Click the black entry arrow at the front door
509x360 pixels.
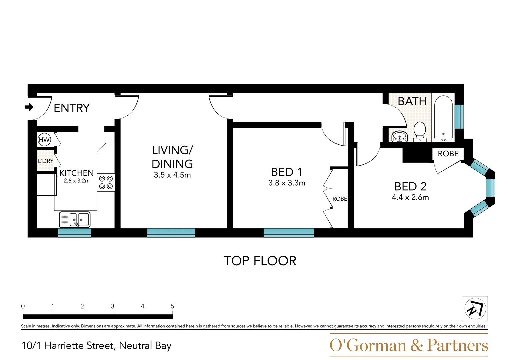click(x=29, y=107)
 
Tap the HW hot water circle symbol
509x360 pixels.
click(x=44, y=140)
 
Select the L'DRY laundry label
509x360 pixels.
click(x=46, y=161)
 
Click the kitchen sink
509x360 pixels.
click(x=75, y=220)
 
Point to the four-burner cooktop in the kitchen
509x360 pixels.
click(x=106, y=182)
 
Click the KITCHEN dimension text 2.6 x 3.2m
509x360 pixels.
click(x=77, y=181)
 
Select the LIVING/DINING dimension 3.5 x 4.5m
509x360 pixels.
click(x=172, y=175)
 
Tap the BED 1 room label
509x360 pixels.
click(x=286, y=172)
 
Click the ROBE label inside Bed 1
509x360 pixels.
click(x=340, y=199)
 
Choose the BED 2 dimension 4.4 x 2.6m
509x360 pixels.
click(x=410, y=197)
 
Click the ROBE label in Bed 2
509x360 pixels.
click(x=448, y=154)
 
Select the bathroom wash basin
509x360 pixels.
click(x=399, y=136)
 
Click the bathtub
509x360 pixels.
click(x=443, y=118)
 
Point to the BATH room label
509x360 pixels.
click(x=412, y=101)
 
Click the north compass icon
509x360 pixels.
click(x=475, y=309)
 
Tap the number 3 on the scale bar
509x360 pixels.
click(x=113, y=306)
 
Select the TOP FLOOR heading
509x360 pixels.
click(x=260, y=261)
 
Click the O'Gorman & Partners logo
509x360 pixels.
click(x=409, y=345)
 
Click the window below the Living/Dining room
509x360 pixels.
click(x=171, y=233)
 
